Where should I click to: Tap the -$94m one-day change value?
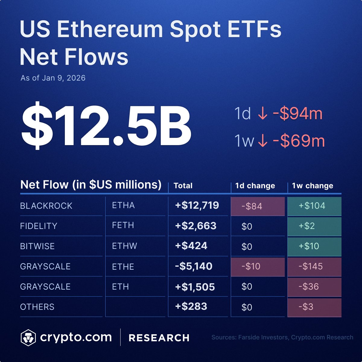point(297,114)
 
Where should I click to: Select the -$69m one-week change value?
point(299,141)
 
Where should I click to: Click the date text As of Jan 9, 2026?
point(53,78)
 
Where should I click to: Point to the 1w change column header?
point(313,186)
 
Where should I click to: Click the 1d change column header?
point(255,186)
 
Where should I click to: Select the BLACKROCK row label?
point(46,206)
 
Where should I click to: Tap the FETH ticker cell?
point(123,226)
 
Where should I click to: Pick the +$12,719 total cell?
point(197,205)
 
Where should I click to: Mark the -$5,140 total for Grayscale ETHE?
point(194,266)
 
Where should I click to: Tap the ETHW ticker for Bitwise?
point(124,246)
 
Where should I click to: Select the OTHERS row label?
point(37,307)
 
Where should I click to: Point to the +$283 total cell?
point(191,306)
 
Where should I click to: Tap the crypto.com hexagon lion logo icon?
point(28,338)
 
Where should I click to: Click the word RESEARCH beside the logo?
point(159,338)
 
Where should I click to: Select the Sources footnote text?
point(282,337)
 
